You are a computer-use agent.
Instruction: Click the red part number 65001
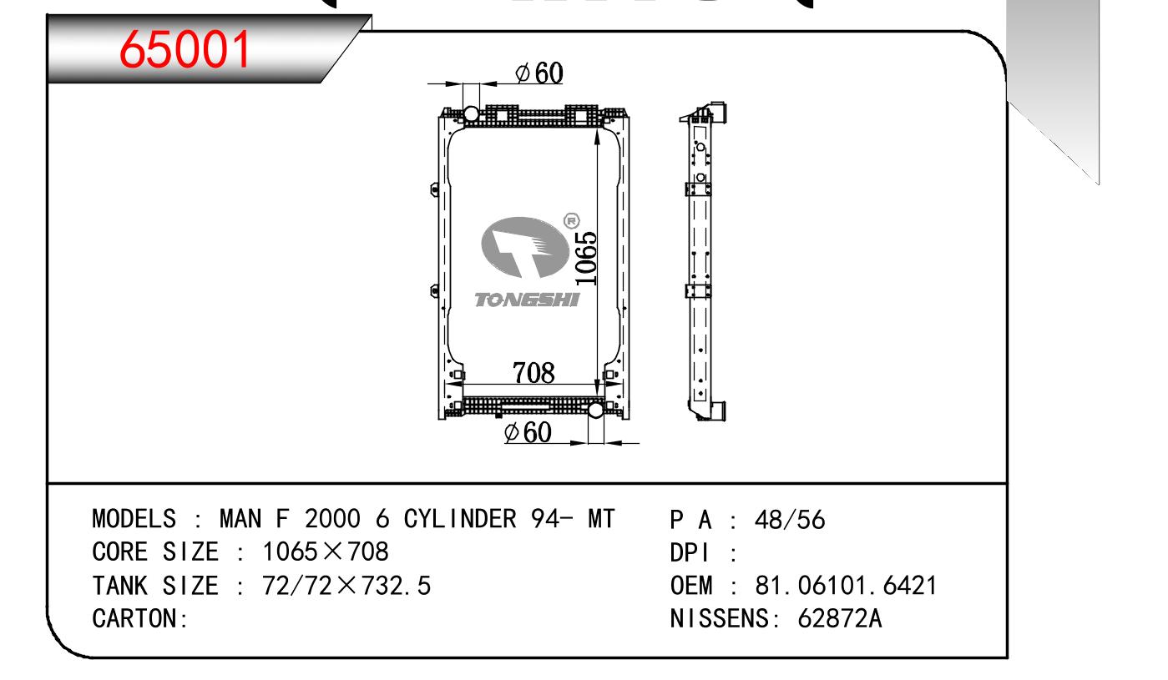[185, 49]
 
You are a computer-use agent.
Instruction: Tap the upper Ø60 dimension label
[538, 73]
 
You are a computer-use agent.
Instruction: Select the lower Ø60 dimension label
[528, 432]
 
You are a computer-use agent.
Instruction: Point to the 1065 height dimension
[586, 259]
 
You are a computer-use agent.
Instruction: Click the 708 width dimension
[533, 373]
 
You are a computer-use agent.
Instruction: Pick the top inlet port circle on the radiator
[471, 113]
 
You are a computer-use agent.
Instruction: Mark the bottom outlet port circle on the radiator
[595, 410]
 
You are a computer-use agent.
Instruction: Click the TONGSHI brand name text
[527, 300]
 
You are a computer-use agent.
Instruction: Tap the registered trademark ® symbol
[572, 221]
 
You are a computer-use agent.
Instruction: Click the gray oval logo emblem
[524, 247]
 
